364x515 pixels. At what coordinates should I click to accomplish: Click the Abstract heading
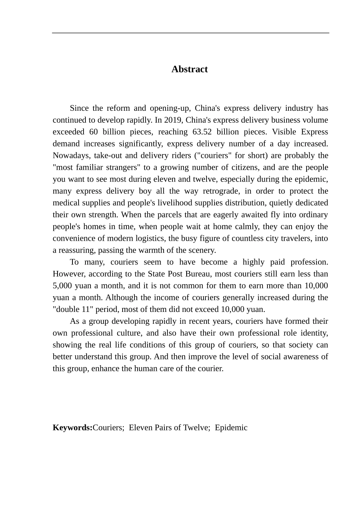(189, 69)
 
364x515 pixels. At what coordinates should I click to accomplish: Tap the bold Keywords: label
(72, 428)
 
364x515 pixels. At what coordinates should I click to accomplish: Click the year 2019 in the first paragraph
(174, 120)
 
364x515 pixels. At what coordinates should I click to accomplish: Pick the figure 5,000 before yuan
(62, 286)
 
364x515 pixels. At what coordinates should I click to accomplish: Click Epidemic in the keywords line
(231, 428)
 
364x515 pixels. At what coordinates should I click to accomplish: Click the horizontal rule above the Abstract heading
(190, 33)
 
